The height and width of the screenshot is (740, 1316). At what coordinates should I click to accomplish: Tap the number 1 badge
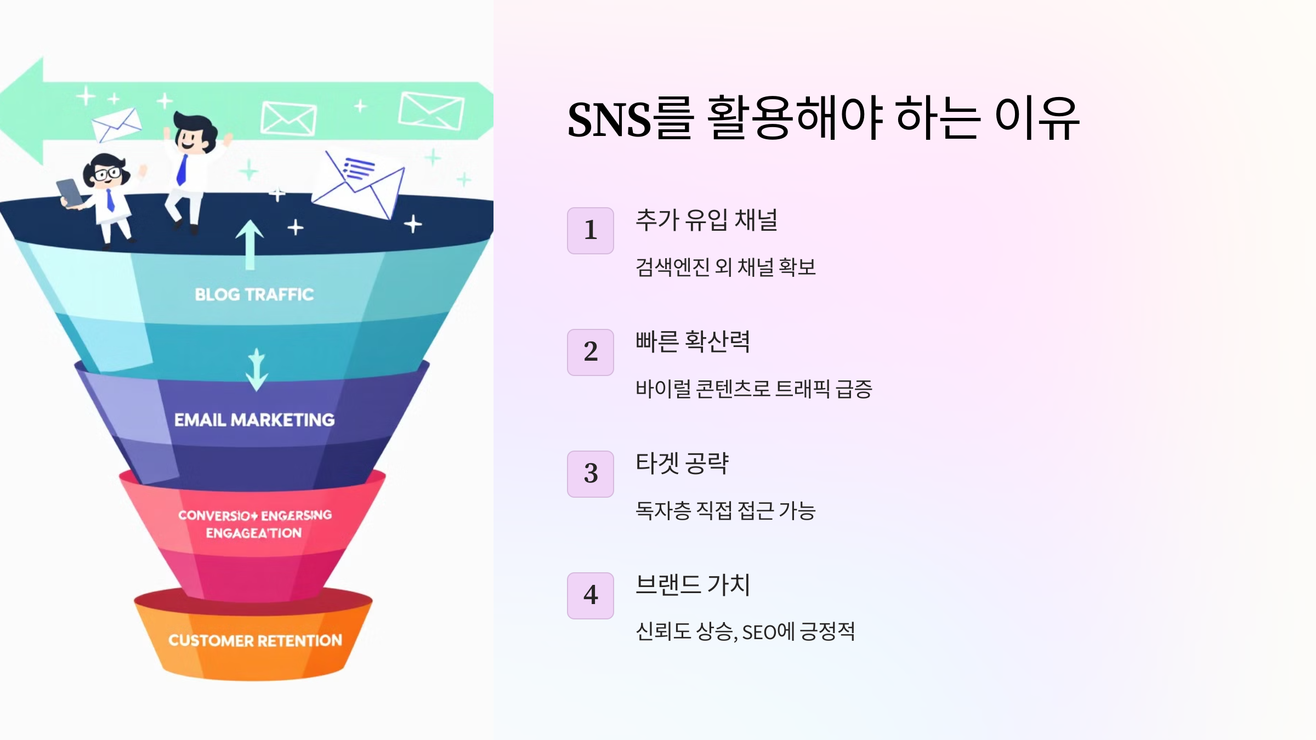(590, 231)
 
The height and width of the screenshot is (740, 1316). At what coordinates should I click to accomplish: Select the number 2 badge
(590, 352)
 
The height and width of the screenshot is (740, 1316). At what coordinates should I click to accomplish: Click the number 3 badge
(590, 474)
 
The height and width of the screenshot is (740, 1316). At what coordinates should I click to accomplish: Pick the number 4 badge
(590, 596)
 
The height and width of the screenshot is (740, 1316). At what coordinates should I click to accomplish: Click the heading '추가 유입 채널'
(706, 220)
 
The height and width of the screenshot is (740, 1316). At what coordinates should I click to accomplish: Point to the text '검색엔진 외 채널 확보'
(725, 267)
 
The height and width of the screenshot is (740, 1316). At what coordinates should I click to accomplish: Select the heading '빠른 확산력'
(693, 342)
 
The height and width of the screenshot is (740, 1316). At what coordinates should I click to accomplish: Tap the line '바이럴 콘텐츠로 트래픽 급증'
(753, 389)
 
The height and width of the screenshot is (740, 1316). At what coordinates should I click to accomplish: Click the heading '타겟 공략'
(682, 464)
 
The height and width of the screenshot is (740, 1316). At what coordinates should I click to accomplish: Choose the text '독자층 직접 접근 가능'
(725, 511)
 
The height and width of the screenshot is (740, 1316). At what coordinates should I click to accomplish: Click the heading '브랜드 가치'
(693, 585)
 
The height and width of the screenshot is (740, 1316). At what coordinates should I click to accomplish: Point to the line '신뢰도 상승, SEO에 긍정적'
(745, 632)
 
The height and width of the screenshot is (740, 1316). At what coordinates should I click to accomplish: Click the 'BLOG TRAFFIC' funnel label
(254, 295)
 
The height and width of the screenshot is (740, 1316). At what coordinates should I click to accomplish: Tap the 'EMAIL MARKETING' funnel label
(254, 420)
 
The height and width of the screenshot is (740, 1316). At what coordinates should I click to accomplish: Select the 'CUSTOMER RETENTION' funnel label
(255, 640)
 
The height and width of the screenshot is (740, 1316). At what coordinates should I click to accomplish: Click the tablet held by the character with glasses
(69, 192)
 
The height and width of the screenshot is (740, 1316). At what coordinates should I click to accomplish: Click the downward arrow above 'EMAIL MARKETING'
(257, 370)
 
